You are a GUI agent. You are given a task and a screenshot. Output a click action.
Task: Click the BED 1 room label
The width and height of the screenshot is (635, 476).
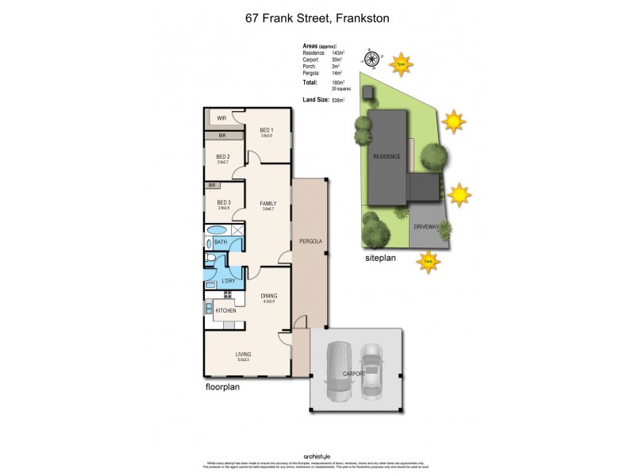[x=266, y=131]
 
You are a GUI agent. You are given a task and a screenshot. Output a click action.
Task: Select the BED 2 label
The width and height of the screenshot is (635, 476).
[x=223, y=157]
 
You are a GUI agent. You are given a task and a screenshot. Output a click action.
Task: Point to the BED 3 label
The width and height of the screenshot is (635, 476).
[x=223, y=202]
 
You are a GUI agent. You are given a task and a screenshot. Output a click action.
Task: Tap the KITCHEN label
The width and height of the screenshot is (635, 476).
[x=225, y=311]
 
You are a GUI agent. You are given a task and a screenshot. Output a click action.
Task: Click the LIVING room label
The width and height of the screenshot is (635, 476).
[x=243, y=354]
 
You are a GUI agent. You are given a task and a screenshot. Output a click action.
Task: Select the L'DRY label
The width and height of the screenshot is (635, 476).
[x=228, y=280]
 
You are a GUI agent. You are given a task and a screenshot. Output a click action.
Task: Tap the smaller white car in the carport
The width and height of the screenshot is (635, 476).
[x=371, y=369]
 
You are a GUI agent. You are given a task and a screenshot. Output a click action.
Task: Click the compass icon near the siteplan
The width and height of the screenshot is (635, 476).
[x=369, y=57]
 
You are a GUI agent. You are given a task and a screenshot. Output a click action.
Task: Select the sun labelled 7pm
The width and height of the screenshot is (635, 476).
[x=401, y=63]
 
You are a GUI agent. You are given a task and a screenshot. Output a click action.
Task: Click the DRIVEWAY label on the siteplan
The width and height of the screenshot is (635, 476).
[x=425, y=227]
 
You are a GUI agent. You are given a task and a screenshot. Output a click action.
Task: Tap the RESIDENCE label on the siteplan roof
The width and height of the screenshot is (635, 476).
[x=387, y=156]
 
